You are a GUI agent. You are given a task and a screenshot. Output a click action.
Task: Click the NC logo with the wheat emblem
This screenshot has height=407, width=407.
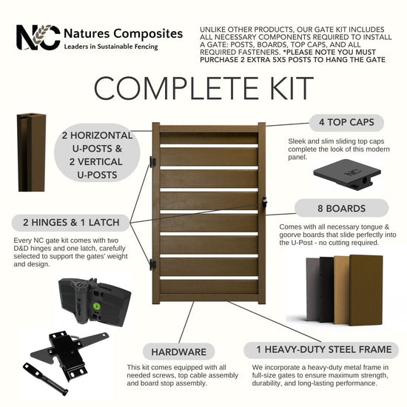coord(38,37)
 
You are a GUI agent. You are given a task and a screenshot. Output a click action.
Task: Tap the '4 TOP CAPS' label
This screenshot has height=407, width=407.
coord(346,122)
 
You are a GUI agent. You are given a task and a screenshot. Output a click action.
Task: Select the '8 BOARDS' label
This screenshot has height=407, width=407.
coord(342,208)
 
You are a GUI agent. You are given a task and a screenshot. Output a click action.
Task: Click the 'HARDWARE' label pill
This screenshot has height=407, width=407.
coord(178,351)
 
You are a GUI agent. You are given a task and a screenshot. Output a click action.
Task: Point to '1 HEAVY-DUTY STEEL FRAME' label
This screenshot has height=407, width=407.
coord(321,349)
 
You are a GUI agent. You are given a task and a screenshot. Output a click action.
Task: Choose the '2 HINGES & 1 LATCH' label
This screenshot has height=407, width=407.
coord(71,223)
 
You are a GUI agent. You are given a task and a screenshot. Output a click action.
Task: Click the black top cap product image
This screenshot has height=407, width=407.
coord(347,175)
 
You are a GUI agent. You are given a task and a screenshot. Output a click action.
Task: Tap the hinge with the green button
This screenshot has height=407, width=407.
coord(95,302)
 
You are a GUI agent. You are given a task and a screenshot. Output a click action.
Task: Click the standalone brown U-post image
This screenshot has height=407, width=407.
coord(31,152)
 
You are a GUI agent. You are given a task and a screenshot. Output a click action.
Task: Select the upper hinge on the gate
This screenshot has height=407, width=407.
coord(152,161)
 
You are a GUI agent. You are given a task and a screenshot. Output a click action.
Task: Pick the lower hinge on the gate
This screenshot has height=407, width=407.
coord(152,265)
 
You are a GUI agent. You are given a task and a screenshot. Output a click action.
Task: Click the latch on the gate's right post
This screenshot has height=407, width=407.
coord(264,202)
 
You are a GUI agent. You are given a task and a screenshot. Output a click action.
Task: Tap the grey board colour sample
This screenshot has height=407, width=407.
coord(313,289)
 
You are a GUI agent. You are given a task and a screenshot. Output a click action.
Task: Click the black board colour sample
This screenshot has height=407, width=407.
coord(327,289)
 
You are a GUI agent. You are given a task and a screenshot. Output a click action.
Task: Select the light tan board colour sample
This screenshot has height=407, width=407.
coord(342,290)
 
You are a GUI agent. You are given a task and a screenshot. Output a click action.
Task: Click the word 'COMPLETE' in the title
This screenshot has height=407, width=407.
coord(176,88)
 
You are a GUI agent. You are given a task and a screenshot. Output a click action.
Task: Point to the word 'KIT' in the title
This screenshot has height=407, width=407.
coord(292,88)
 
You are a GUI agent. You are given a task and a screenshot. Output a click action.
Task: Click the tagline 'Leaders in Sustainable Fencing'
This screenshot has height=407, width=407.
coord(111,47)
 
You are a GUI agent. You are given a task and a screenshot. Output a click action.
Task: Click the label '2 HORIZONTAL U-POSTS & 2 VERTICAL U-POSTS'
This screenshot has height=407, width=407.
coord(97,155)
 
